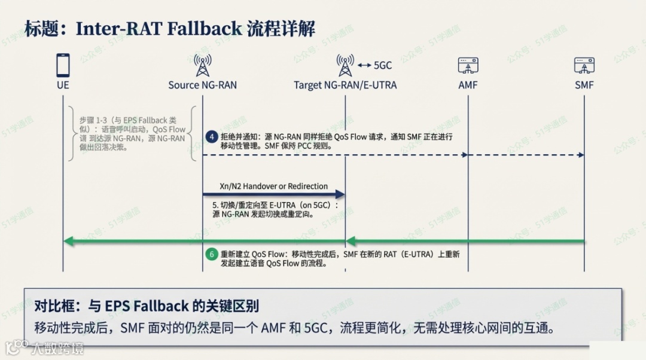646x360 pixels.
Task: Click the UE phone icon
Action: pyautogui.click(x=63, y=64)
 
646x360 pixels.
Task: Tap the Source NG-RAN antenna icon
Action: pyautogui.click(x=203, y=64)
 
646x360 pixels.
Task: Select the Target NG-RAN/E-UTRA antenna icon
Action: pyautogui.click(x=345, y=64)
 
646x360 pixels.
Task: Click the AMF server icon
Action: pyautogui.click(x=468, y=65)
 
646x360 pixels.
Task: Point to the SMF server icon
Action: pyautogui.click(x=584, y=65)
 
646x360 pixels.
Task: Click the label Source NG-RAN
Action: pyautogui.click(x=202, y=85)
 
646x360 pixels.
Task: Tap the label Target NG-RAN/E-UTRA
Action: pyautogui.click(x=345, y=85)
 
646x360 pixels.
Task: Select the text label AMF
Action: pyautogui.click(x=468, y=85)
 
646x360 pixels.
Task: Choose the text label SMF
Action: pyautogui.click(x=584, y=85)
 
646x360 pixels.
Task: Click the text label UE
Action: pyautogui.click(x=63, y=85)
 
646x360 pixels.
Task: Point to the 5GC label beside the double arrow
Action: pyautogui.click(x=383, y=65)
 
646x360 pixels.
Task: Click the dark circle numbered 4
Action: pyautogui.click(x=211, y=136)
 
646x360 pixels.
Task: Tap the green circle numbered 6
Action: pyautogui.click(x=211, y=254)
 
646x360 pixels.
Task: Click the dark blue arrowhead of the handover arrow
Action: pyautogui.click(x=340, y=194)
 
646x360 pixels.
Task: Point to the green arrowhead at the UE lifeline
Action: pyautogui.click(x=69, y=241)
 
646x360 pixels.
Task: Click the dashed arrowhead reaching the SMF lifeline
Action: pyautogui.click(x=580, y=155)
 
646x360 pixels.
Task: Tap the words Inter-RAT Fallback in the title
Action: pyautogui.click(x=159, y=28)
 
